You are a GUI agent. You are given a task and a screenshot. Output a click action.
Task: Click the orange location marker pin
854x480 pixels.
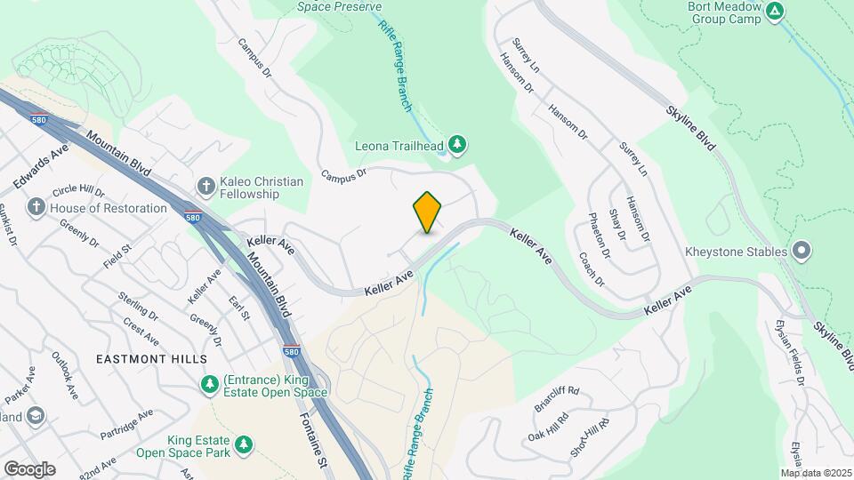coord(428,212)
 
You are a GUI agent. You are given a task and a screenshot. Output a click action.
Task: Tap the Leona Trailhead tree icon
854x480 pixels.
coord(457,143)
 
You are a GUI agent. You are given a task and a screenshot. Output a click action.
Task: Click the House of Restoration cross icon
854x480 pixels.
coord(36,208)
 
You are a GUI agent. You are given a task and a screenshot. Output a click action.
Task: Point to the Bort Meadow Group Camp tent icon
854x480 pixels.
coord(775,11)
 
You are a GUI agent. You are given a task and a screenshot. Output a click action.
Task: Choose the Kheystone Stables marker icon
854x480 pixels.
coord(802,252)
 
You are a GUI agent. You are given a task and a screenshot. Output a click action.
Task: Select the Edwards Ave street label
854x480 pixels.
coord(42,166)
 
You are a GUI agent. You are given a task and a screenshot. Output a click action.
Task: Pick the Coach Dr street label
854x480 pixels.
coord(592,269)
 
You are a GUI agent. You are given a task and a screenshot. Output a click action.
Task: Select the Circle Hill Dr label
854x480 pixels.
coord(78,191)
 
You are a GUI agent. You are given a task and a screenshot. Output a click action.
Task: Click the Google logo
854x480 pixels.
coord(29,468)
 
